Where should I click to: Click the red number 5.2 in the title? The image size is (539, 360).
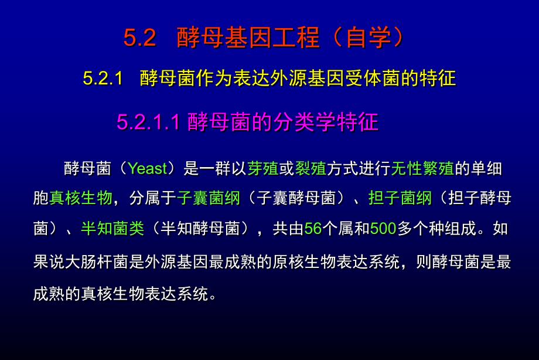(x=139, y=38)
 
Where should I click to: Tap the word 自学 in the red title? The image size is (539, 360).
(x=369, y=38)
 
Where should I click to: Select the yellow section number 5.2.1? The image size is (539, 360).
(x=103, y=78)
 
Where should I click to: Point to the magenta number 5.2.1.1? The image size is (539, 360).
(x=148, y=122)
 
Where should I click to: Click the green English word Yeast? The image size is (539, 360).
(x=148, y=169)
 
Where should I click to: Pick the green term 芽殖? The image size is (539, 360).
(x=263, y=169)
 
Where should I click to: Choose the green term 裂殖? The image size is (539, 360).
(x=311, y=169)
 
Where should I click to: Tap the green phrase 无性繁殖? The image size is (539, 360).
(x=422, y=169)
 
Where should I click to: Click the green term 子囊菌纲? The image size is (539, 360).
(x=209, y=198)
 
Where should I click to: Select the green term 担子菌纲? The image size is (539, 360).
(x=400, y=198)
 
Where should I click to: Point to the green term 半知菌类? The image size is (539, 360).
(x=112, y=229)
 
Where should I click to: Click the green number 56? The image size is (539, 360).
(x=313, y=229)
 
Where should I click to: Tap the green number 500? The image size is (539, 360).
(x=383, y=229)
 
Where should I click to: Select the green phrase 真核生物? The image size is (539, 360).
(x=81, y=198)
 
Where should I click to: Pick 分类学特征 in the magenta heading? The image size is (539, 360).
(x=326, y=122)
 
